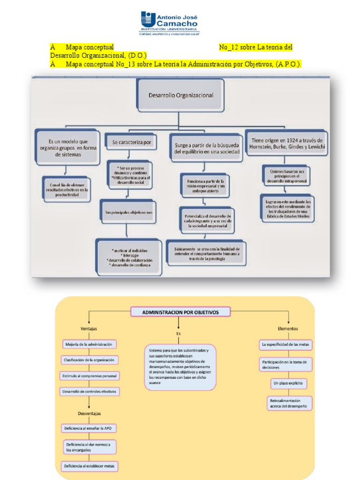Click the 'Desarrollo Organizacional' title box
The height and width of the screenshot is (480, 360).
tap(180, 95)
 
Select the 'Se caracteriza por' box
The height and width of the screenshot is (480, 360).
tap(132, 142)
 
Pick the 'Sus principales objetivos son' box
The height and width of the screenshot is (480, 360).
tap(128, 212)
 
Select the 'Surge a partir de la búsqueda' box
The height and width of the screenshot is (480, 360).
tap(207, 148)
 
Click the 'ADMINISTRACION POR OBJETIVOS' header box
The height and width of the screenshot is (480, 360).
tap(180, 312)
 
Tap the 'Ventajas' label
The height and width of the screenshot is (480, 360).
tap(89, 329)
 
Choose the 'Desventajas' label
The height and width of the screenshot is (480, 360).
tap(89, 413)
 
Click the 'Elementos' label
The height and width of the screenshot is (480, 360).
tap(287, 329)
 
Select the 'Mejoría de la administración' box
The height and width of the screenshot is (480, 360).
tap(89, 345)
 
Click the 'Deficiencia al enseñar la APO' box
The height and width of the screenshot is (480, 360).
tap(89, 428)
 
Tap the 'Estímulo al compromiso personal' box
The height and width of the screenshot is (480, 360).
tap(90, 376)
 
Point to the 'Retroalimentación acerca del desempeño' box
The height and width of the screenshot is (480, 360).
tap(288, 404)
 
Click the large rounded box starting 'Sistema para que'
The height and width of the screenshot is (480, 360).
tap(180, 367)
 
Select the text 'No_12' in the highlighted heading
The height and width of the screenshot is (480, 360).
tap(229, 47)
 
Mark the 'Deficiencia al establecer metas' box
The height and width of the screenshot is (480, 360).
tap(90, 466)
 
